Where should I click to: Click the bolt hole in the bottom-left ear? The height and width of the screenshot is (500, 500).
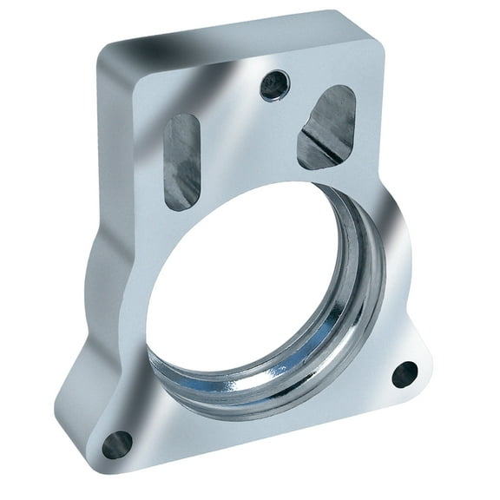point(117,444)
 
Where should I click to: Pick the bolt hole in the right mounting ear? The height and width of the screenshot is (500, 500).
point(405,374)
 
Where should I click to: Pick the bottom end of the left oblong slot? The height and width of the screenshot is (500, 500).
point(181,203)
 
